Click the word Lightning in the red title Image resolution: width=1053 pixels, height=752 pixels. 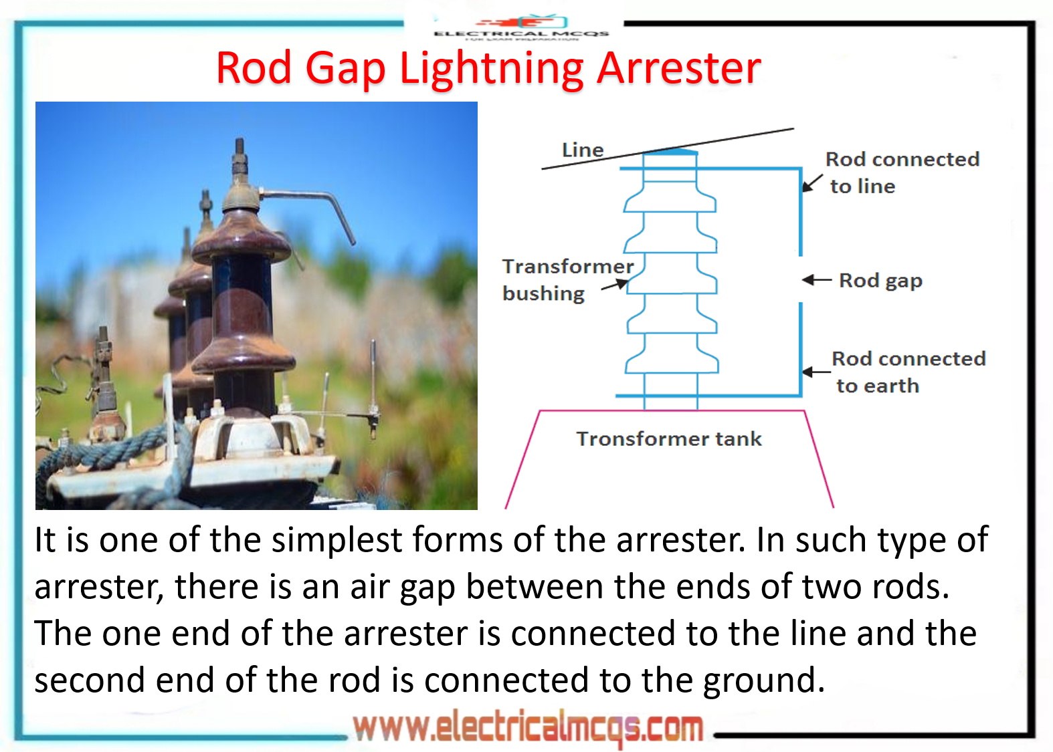coord(492,69)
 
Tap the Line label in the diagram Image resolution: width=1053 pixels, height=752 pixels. coord(582,150)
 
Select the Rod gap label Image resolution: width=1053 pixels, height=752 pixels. coord(880,281)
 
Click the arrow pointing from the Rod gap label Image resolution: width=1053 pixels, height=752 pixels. coord(817,280)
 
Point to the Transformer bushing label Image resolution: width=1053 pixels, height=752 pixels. coord(567,280)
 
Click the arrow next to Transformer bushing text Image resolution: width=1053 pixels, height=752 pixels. coord(615,285)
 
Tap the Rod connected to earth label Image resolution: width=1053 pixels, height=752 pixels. coord(908,372)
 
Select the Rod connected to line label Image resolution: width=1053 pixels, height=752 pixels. coord(901,172)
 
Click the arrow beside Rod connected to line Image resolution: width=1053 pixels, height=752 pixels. coord(812,183)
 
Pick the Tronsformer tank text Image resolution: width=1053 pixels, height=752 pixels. coord(668,439)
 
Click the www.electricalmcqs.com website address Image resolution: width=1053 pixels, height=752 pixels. coord(528,728)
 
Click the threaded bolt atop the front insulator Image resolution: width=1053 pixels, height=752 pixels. coord(239,157)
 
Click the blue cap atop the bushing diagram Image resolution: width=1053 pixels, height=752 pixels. coord(670,152)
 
